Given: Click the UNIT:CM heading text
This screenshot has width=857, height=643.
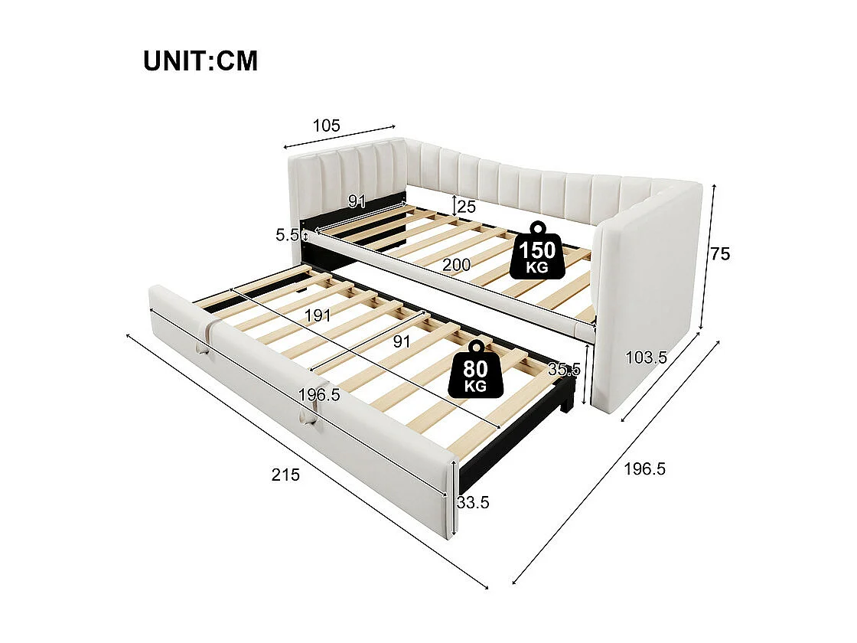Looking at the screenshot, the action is [200, 60].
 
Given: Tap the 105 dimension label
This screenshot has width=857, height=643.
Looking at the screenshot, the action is [326, 125].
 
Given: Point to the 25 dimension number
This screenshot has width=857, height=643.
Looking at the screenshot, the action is [467, 206].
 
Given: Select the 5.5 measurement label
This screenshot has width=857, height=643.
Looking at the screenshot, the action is [287, 235].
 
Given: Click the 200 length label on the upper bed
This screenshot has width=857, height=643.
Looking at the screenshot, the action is [456, 265].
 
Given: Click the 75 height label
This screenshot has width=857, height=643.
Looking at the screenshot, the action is [720, 254].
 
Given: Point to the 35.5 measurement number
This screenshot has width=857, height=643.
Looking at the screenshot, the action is [565, 368].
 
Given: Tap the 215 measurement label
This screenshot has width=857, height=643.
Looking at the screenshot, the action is [285, 475].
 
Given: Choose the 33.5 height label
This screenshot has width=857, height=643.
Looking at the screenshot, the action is [473, 502].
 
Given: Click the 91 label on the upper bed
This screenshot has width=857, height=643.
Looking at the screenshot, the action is [357, 201].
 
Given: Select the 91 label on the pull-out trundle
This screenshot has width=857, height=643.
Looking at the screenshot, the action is [401, 341].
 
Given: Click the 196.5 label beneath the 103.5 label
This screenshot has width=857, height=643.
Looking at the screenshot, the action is [644, 469].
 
